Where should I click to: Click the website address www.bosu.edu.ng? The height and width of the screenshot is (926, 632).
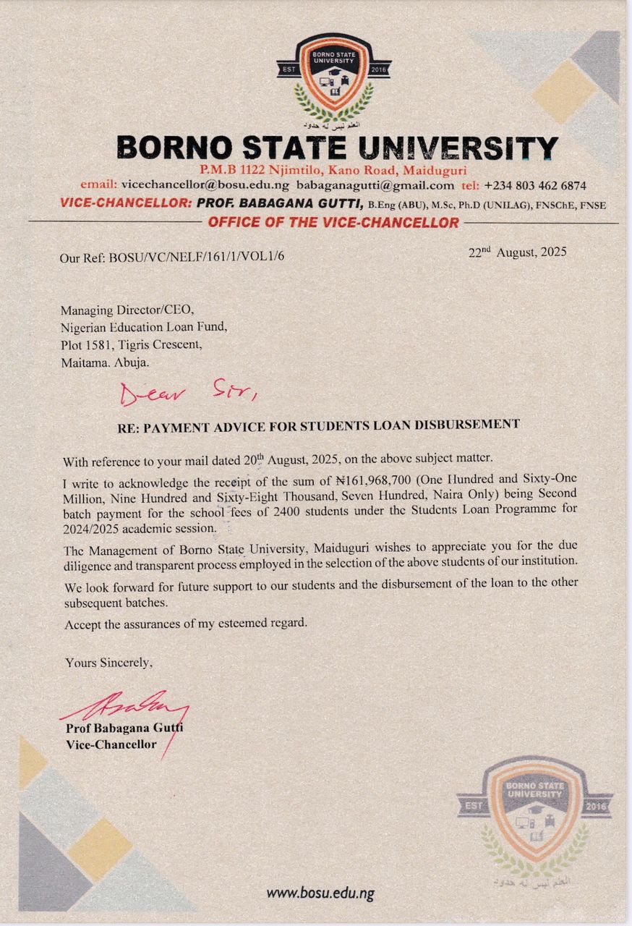[x=320, y=893]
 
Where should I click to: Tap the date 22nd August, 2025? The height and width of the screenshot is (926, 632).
[x=518, y=252]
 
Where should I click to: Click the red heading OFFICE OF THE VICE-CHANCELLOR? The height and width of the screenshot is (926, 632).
[x=333, y=223]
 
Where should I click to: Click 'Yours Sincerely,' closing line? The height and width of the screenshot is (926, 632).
[x=109, y=662]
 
